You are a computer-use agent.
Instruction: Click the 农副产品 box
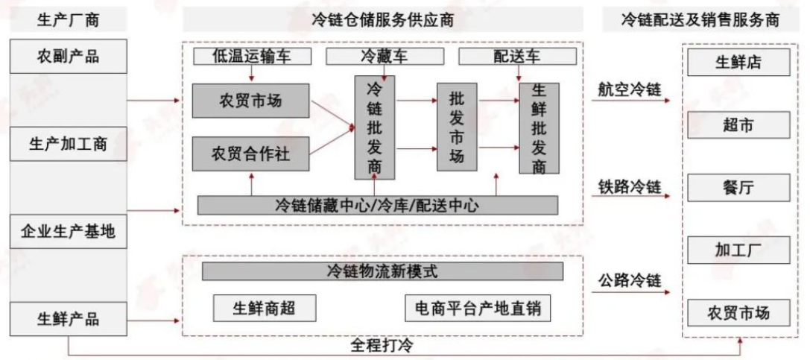click(68, 57)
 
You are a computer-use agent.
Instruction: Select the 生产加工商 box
click(68, 145)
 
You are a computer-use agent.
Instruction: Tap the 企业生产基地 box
click(68, 233)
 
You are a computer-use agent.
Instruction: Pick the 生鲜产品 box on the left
click(68, 320)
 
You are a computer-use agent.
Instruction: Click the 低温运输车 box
click(251, 57)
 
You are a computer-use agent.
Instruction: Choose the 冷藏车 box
click(383, 57)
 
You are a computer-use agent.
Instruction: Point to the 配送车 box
click(516, 57)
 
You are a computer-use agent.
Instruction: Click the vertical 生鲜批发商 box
click(539, 128)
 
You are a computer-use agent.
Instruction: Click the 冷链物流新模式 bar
click(382, 271)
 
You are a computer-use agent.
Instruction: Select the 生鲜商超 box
click(253, 307)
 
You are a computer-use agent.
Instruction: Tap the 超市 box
click(738, 124)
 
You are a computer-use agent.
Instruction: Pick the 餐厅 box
click(738, 187)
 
